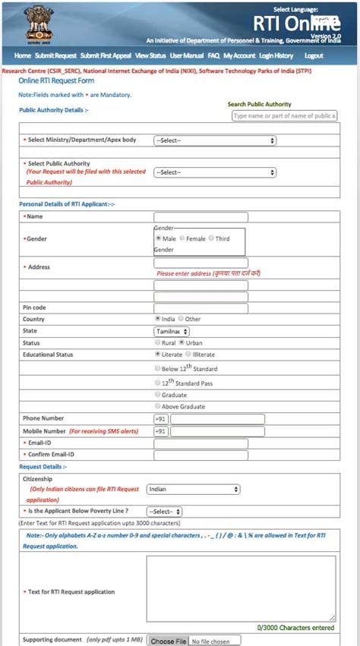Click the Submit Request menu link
(55, 56)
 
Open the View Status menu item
(150, 56)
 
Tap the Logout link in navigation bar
(314, 56)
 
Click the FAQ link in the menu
(213, 56)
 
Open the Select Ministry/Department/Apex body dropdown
(214, 140)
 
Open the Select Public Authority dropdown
(214, 172)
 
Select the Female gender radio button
(182, 238)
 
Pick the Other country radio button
(182, 319)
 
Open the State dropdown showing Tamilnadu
(172, 331)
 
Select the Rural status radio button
(158, 342)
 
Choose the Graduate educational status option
(158, 395)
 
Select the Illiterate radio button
(189, 354)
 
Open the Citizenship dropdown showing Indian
(193, 490)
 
